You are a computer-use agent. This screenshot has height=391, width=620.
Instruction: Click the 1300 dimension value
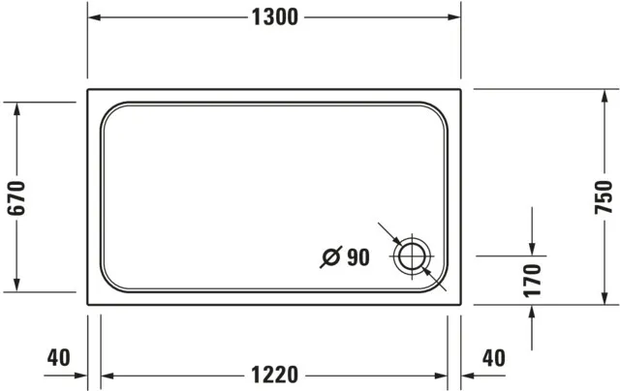(273, 17)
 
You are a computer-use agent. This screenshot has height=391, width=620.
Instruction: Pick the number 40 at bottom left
(58, 357)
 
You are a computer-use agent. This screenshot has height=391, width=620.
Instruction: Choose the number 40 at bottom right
(493, 357)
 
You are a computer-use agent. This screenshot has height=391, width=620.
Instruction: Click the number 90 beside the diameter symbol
(357, 257)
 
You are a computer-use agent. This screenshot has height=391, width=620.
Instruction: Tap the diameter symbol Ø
(330, 257)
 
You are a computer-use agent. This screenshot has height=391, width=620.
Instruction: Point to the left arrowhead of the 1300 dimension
(94, 17)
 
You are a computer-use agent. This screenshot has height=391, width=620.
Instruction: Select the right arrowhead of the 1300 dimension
(454, 17)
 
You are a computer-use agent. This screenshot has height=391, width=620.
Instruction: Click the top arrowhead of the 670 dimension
(17, 108)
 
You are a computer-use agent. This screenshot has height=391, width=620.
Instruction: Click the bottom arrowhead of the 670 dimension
(17, 284)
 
